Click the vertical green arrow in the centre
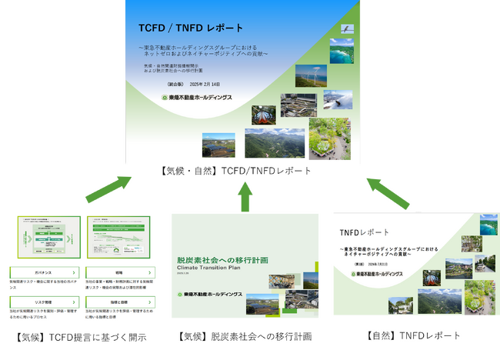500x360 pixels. (x=246, y=196)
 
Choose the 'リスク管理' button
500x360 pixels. (x=43, y=302)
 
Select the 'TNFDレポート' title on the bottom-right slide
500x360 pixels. (x=365, y=232)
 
